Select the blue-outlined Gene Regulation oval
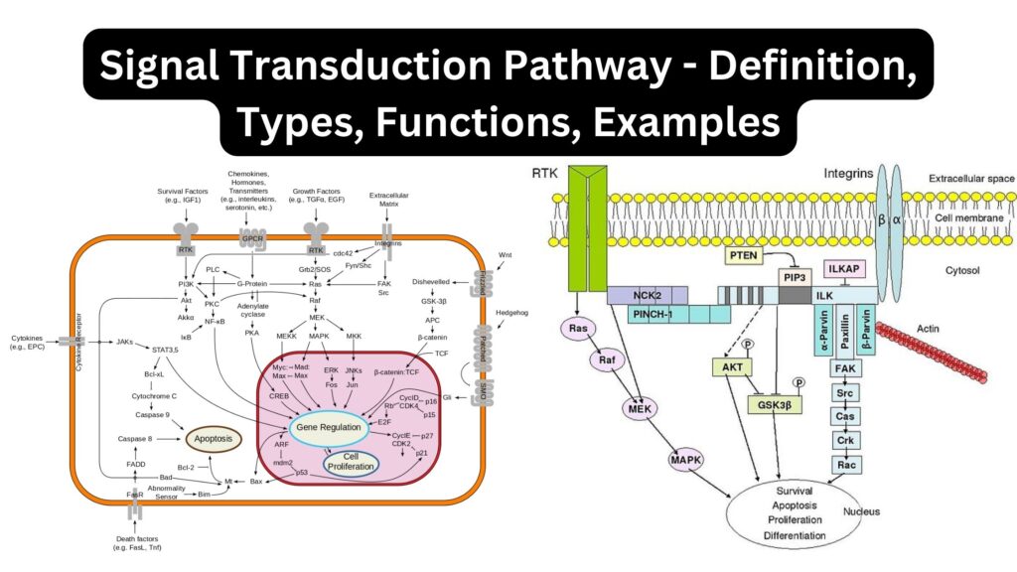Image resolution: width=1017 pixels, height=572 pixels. click(333, 427)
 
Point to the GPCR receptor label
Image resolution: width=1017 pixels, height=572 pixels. click(251, 239)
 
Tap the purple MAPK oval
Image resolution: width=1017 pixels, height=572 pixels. click(685, 460)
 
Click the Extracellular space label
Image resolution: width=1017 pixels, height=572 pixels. click(970, 179)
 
